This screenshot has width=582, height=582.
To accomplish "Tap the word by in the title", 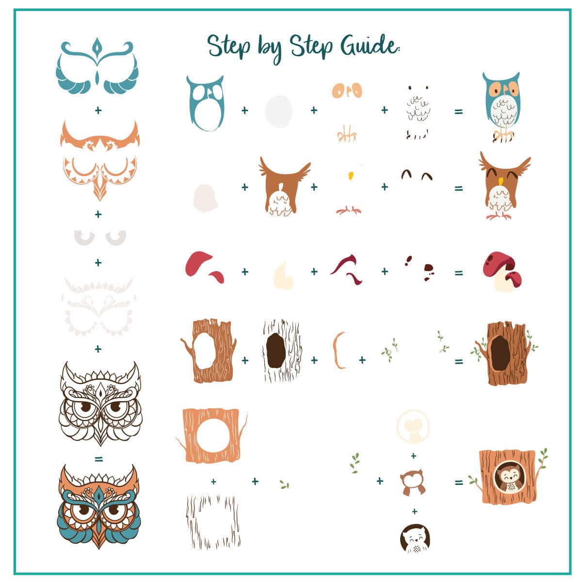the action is tap(270, 48).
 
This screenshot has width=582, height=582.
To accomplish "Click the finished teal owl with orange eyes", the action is tap(501, 107).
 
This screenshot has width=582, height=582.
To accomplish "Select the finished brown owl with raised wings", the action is tap(504, 185).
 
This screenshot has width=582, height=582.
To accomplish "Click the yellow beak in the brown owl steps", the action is tap(351, 176).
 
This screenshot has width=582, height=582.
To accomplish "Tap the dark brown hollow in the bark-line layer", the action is tap(275, 351).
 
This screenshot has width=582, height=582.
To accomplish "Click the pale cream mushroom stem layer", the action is tap(284, 275).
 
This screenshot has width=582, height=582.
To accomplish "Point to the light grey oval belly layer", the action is tap(278, 111).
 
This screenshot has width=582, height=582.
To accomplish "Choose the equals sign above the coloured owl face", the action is tap(98, 459).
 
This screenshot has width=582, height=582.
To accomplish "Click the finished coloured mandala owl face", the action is tap(99, 506).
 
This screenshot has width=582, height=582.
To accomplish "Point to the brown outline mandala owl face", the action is tap(100, 403).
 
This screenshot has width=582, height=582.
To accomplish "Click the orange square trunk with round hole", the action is tap(211, 436).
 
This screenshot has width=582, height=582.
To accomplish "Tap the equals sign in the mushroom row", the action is tap(458, 273).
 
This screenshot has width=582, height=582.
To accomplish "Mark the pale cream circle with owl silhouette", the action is tap(413, 426).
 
